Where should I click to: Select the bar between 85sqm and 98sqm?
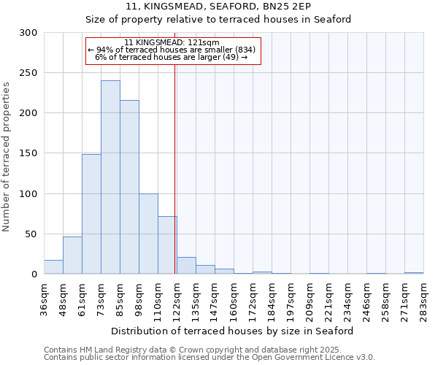pos(129,188)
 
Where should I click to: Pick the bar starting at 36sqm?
pos(53,267)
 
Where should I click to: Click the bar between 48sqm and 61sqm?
pos(72,255)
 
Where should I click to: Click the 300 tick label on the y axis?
pos(28,33)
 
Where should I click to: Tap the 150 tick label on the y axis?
pos(28,153)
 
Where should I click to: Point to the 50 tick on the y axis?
pos(31,234)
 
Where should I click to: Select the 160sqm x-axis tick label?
pos(234,298)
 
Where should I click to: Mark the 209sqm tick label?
pos(310,298)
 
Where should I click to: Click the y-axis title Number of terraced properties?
pos(7,157)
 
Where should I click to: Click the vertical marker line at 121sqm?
pos(175,168)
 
